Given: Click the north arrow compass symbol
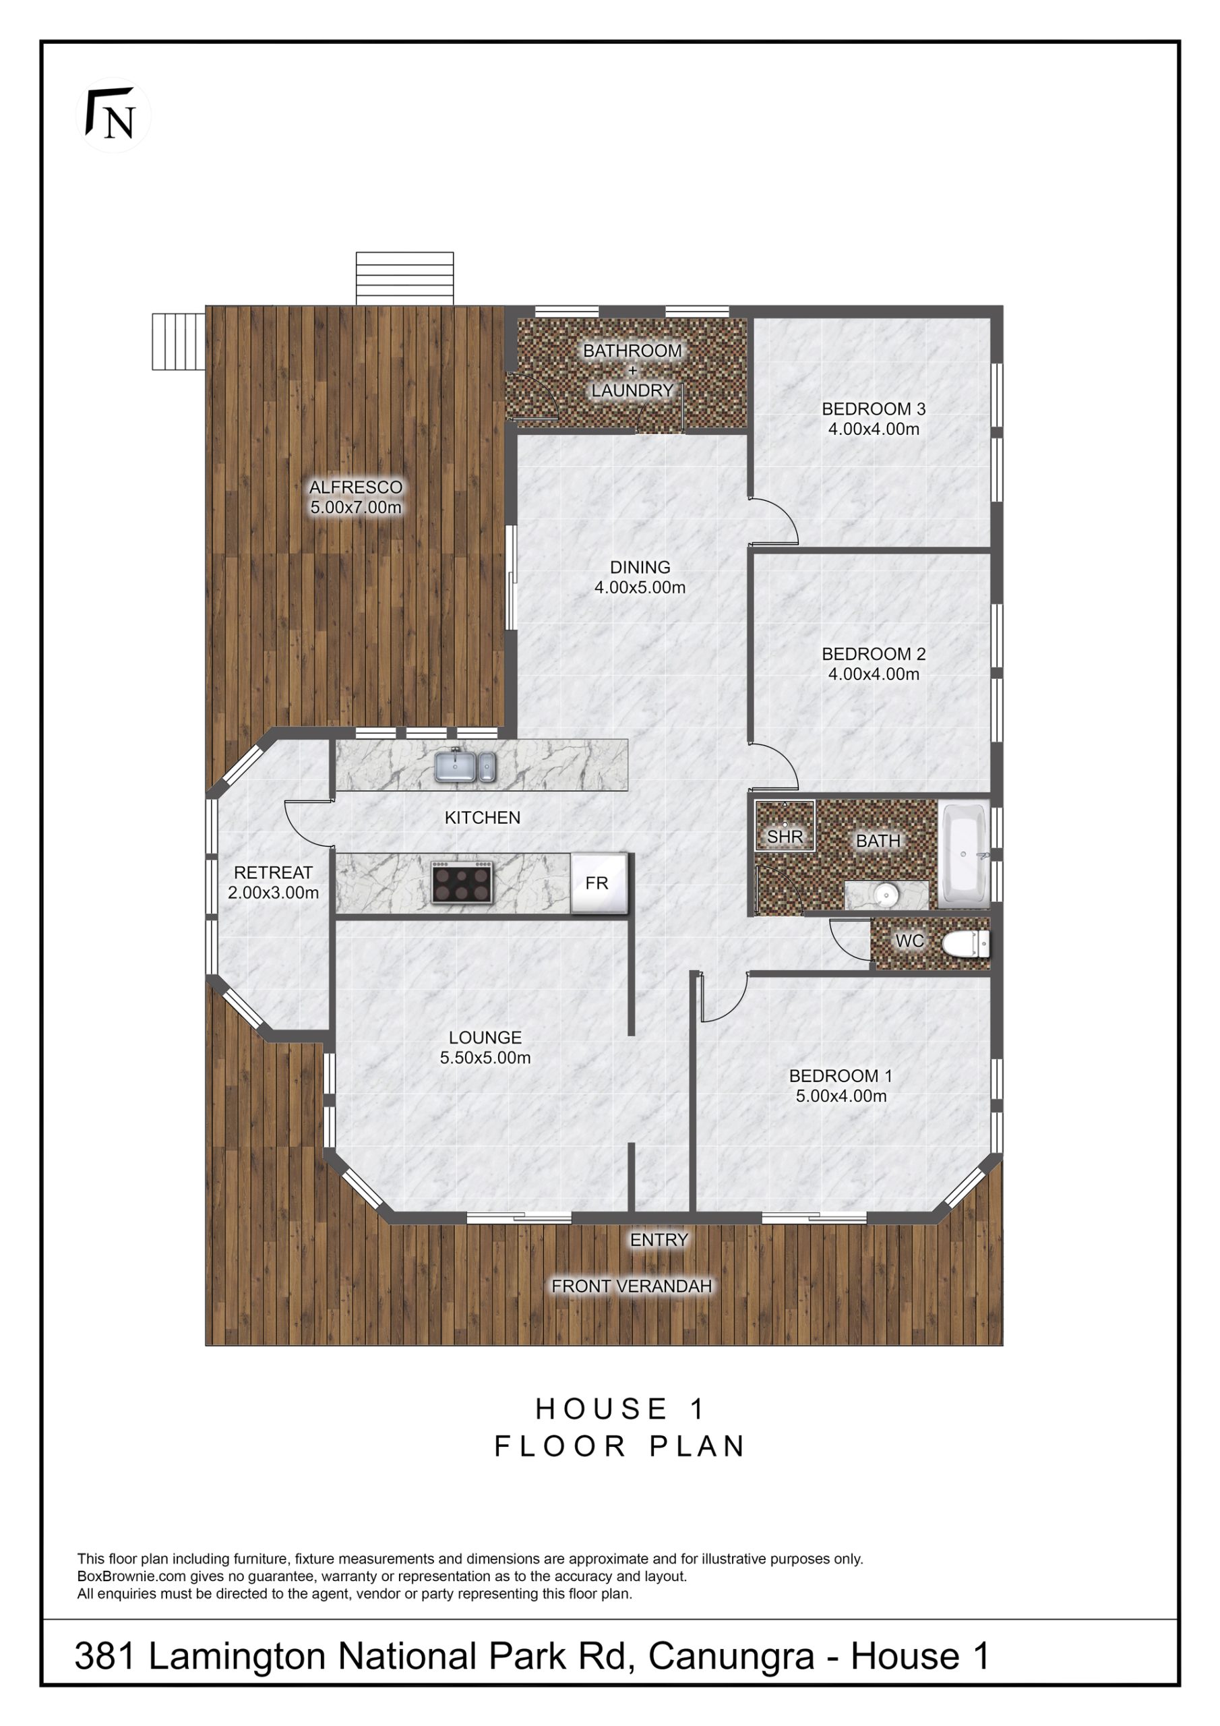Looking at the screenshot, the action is (113, 115).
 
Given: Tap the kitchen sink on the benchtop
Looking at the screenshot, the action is (465, 766).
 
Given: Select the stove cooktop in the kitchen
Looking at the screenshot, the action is (462, 882).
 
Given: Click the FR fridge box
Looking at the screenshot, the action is (599, 883).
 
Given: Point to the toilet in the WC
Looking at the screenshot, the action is (965, 944).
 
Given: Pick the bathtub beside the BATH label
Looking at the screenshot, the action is (964, 854).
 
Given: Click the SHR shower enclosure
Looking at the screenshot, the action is (785, 825).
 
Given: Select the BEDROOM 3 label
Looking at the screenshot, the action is (874, 409).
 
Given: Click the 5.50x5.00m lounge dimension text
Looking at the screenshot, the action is (485, 1058).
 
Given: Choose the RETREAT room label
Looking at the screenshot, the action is (273, 872).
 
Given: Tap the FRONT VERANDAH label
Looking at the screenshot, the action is (632, 1286).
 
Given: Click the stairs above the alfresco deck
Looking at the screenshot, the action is (404, 278).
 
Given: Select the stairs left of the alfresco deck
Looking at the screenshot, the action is (179, 341).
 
